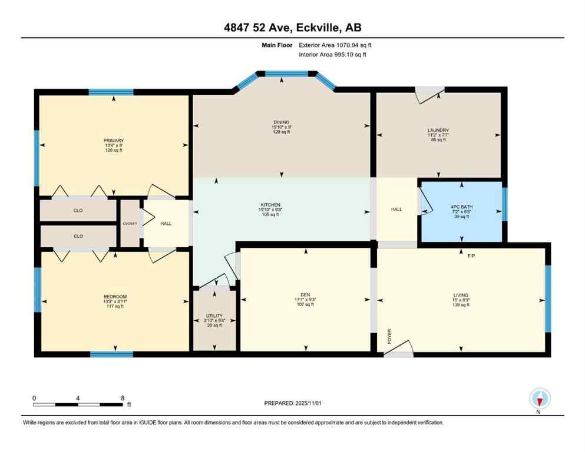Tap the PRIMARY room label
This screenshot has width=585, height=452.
[113, 141]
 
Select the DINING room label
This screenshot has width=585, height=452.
[281, 122]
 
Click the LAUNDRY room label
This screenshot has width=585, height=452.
[438, 131]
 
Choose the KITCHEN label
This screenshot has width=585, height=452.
[281, 205]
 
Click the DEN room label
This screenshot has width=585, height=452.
[305, 295]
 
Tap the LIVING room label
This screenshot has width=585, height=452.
[461, 295]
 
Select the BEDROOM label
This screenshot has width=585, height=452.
[115, 296]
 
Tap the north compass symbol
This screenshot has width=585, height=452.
[540, 398]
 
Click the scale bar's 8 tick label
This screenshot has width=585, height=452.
[122, 398]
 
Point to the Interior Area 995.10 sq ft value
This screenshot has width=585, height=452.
[350, 55]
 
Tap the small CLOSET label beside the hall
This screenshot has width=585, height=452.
[130, 224]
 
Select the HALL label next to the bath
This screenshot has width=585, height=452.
[396, 209]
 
